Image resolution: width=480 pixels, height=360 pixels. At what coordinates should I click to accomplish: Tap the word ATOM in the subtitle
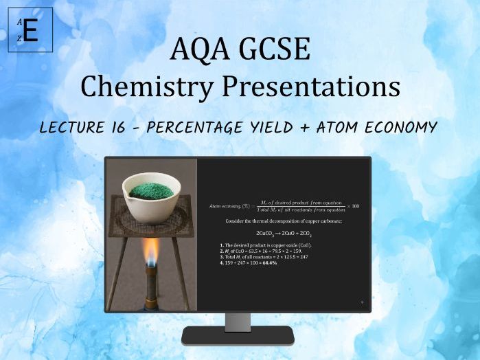[x=343, y=127]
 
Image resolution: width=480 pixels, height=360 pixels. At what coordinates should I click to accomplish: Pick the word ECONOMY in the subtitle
[x=404, y=127]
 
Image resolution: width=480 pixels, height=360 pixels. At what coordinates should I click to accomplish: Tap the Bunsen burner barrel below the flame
[x=151, y=289]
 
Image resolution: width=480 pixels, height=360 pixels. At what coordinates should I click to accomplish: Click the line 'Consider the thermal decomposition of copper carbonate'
[x=283, y=221]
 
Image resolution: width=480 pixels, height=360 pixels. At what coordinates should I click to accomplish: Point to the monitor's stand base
[x=238, y=337]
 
